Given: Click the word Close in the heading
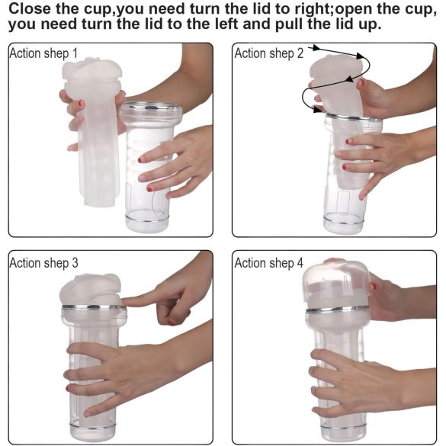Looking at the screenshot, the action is tap(30, 8).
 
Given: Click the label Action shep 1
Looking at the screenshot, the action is tap(43, 53).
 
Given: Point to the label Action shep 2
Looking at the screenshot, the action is tap(269, 53).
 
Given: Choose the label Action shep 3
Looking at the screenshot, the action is tap(43, 263).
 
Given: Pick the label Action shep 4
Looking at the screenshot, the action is tap(269, 263).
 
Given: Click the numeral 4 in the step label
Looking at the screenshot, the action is tap(300, 263).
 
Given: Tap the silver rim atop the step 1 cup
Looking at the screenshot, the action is tap(151, 107).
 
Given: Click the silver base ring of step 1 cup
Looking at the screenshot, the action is tap(147, 219).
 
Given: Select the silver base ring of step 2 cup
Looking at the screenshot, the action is tap(343, 221).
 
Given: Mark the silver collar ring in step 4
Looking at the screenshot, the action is tap(338, 310).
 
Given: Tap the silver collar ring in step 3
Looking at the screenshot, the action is tap(94, 307).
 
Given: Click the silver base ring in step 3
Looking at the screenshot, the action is tap(93, 426).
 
